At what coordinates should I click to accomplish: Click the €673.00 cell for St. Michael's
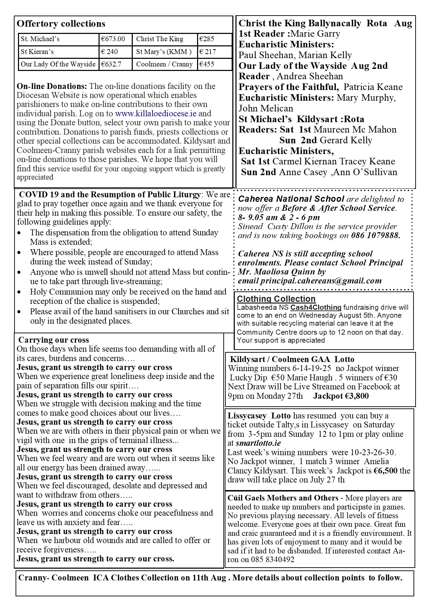(x=113, y=39)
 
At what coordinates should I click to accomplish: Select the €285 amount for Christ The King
(x=207, y=39)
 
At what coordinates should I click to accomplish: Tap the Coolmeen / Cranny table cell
(x=164, y=64)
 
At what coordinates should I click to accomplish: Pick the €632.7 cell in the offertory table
(x=111, y=64)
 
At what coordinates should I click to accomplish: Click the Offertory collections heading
(x=61, y=24)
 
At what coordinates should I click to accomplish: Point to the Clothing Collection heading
(x=276, y=299)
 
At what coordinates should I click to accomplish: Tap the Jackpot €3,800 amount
(x=341, y=396)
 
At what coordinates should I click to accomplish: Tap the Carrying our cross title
(x=54, y=340)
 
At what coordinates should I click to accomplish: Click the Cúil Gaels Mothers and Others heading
(x=283, y=498)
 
